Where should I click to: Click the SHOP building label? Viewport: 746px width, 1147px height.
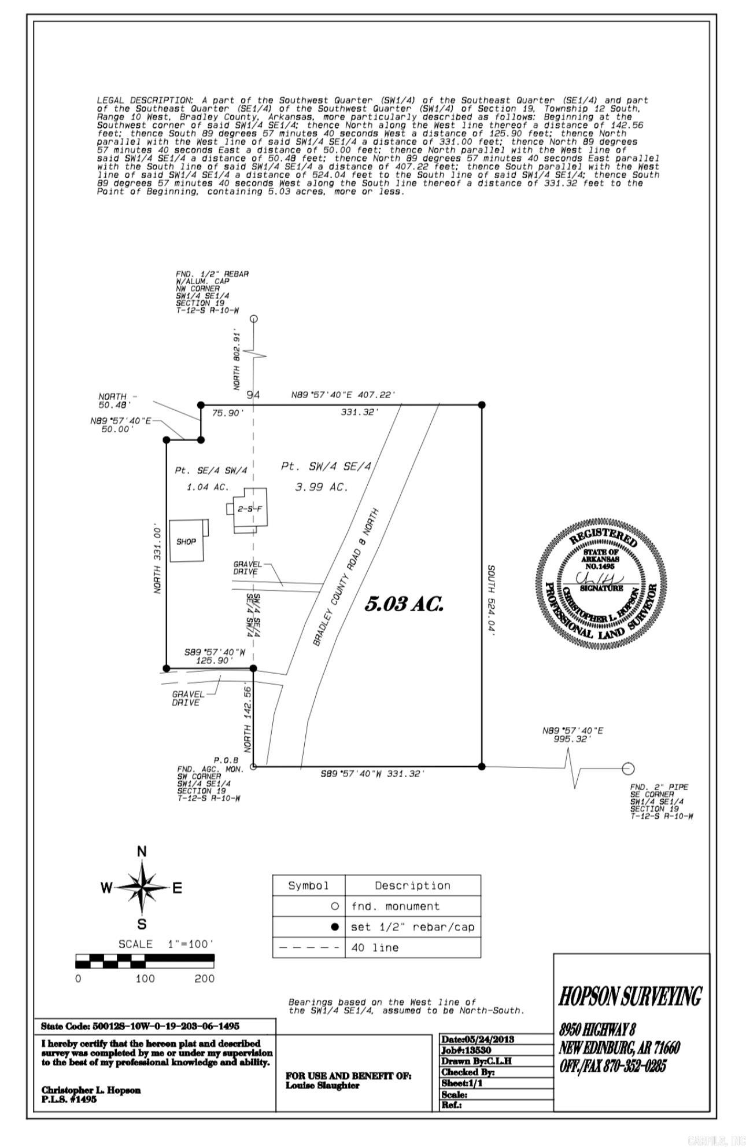(x=186, y=542)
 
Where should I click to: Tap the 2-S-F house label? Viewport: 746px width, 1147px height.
(x=250, y=509)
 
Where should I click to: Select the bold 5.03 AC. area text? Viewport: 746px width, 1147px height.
(x=404, y=604)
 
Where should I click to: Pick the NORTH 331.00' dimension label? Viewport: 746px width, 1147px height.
(x=157, y=558)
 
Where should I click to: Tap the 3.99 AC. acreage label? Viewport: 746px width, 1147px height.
(x=322, y=487)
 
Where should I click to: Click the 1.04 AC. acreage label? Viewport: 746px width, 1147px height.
(x=207, y=487)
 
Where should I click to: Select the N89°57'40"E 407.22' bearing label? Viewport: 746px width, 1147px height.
(x=343, y=395)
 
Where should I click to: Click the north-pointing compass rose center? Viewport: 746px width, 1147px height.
(x=142, y=887)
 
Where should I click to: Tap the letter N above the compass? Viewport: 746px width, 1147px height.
(x=142, y=851)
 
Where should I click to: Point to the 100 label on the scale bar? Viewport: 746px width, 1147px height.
(x=145, y=979)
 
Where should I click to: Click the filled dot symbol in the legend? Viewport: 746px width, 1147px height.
(x=334, y=927)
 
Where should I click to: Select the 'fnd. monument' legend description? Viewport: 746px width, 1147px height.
(x=395, y=906)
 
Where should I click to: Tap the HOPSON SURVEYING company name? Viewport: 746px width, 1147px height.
(x=630, y=996)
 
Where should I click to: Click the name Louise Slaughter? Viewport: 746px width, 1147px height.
(x=322, y=1086)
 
